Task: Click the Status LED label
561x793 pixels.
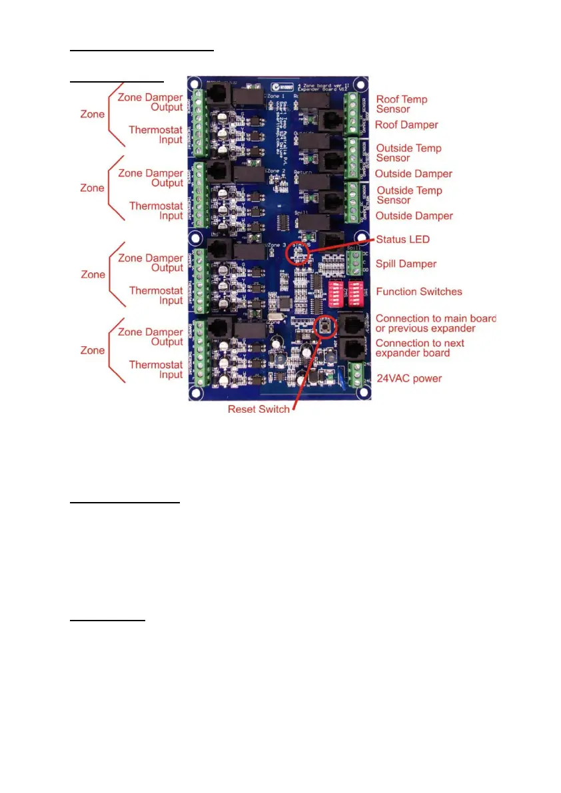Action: coord(402,239)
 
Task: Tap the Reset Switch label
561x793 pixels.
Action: coord(259,409)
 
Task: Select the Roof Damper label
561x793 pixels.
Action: coord(406,125)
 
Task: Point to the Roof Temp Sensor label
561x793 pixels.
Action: coord(402,104)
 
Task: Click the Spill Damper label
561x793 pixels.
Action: coord(406,264)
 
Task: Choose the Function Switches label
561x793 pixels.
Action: coord(418,292)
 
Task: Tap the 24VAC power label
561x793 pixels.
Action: coord(408,378)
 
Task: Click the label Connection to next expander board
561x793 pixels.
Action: coord(420,348)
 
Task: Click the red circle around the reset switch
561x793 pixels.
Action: coord(324,326)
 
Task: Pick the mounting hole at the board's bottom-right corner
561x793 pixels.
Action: coord(362,392)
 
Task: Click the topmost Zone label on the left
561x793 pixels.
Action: coord(92,114)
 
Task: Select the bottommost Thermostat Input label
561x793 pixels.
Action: coord(156,370)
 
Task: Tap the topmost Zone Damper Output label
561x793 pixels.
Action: coord(150,102)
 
